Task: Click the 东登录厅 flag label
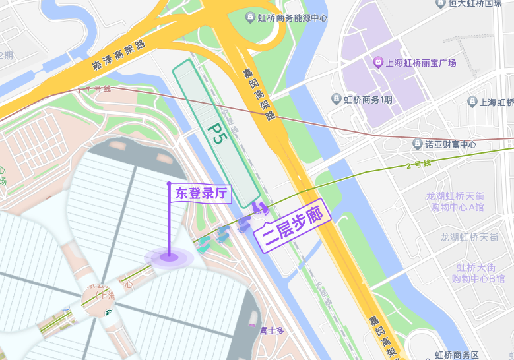pyautogui.click(x=201, y=193)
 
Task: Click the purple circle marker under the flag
pyautogui.click(x=169, y=256)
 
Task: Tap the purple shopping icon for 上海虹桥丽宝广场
pyautogui.click(x=378, y=63)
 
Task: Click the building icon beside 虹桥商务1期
pyautogui.click(x=335, y=99)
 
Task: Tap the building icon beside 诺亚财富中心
pyautogui.click(x=417, y=143)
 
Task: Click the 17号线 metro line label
pyautogui.click(x=94, y=89)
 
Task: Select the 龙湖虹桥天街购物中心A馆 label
pyautogui.click(x=455, y=201)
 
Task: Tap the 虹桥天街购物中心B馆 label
pyautogui.click(x=478, y=273)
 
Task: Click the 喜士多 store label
pyautogui.click(x=271, y=330)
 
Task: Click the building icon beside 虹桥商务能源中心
pyautogui.click(x=250, y=17)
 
